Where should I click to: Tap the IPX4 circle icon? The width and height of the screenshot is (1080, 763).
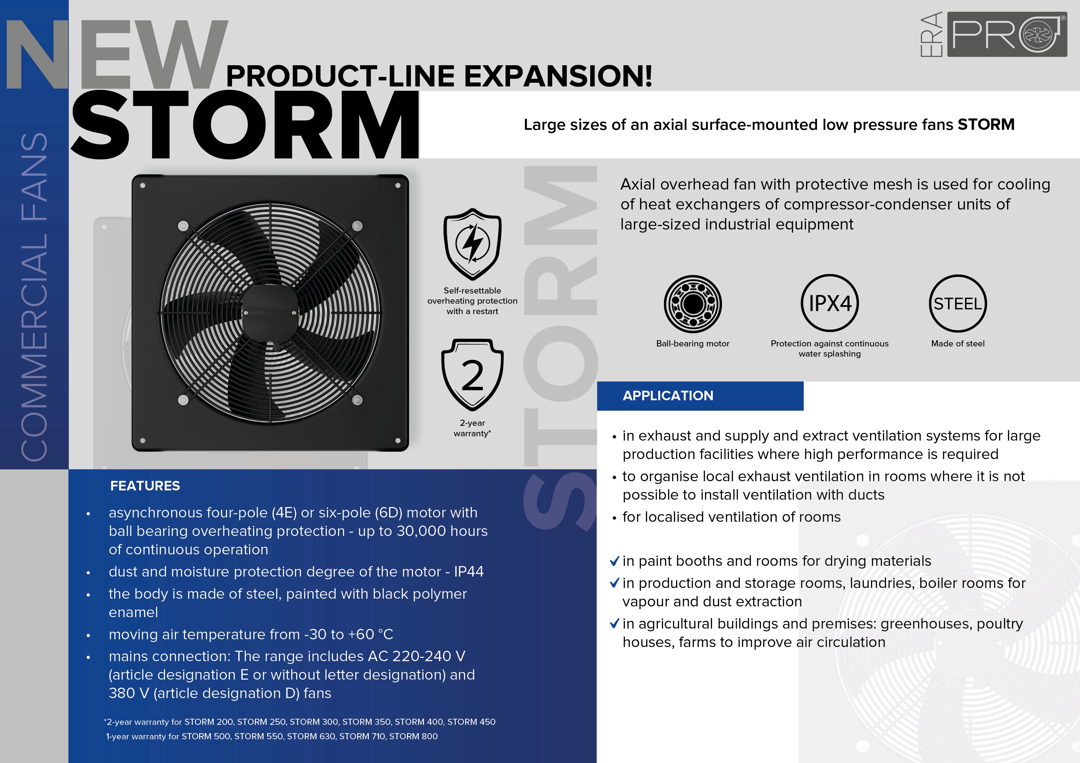(x=830, y=303)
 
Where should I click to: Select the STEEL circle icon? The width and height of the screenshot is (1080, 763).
(x=958, y=303)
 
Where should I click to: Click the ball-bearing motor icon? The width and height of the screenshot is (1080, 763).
(x=693, y=304)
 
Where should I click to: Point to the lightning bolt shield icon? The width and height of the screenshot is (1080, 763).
(x=472, y=244)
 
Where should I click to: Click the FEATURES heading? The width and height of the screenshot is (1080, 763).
(x=145, y=485)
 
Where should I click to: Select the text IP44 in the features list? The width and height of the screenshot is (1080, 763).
(x=469, y=572)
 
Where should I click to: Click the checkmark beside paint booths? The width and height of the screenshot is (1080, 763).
(x=614, y=561)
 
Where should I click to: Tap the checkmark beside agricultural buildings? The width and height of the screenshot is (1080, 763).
(x=614, y=623)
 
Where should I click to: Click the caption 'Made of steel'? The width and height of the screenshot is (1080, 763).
(x=958, y=344)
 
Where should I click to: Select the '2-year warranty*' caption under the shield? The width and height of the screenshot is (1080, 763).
(x=472, y=428)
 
